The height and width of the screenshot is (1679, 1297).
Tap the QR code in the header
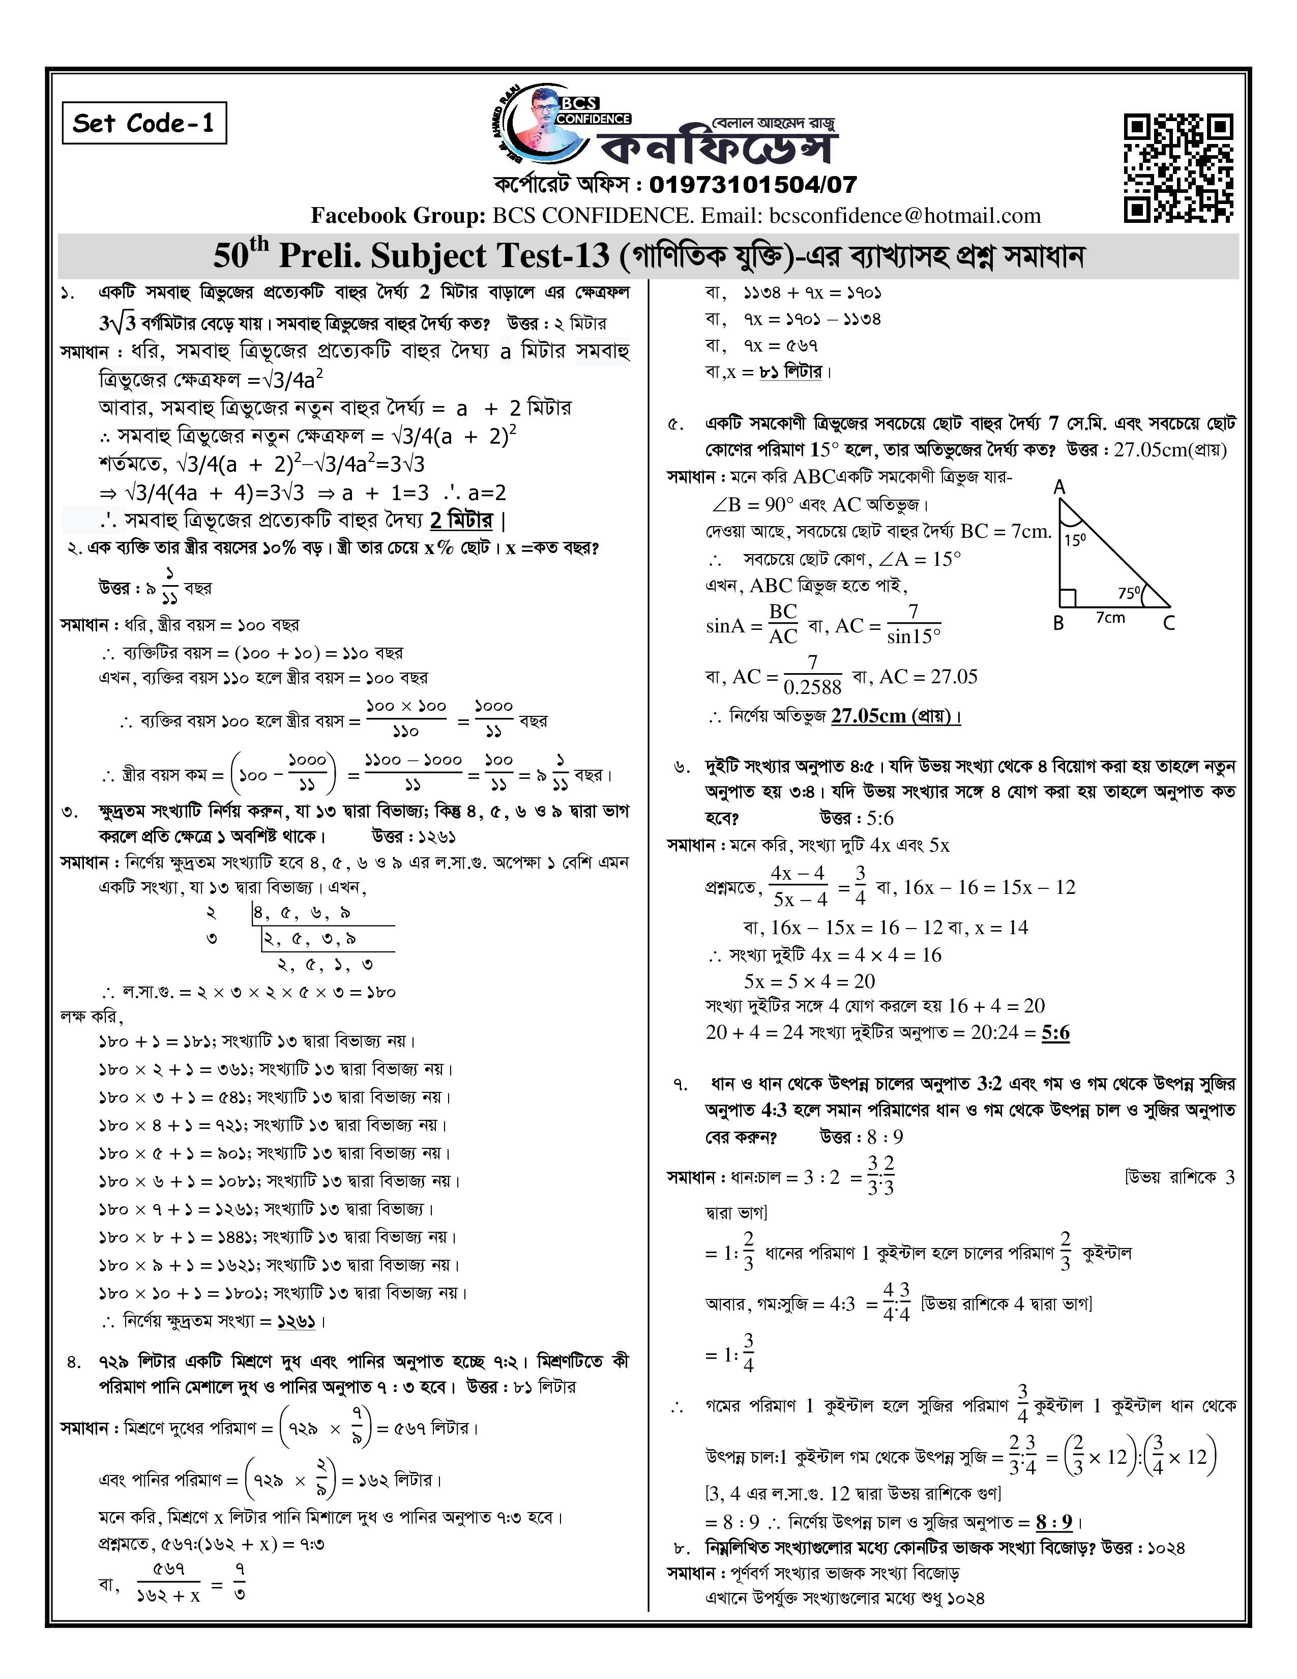point(1178,167)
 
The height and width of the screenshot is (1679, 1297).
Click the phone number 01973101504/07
point(752,185)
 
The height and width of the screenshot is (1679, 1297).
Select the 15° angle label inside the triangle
point(1074,540)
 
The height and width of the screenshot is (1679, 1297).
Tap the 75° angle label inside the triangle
point(1129,593)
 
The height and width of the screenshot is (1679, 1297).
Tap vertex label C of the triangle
point(1169,623)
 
